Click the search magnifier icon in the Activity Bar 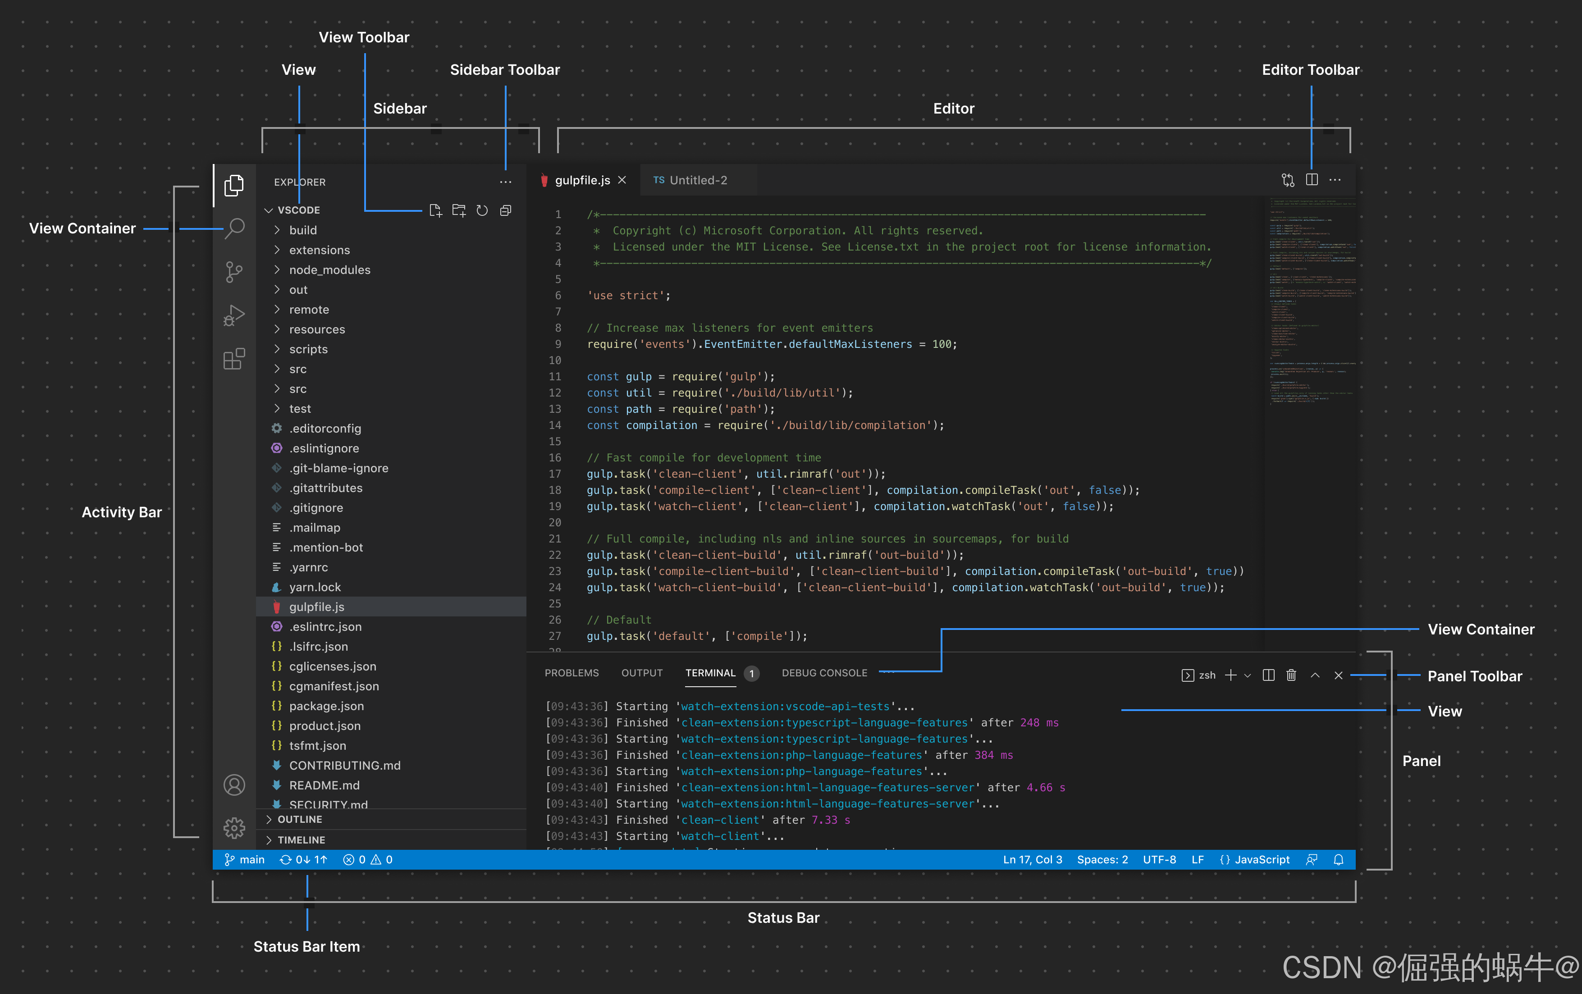234,228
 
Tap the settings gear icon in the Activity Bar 234,828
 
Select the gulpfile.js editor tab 582,180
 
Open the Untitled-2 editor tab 697,180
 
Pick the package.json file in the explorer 326,706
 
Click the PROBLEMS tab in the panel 572,673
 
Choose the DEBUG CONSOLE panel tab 824,673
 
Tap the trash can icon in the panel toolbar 1291,675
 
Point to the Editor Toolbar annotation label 1310,70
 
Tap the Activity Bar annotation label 122,512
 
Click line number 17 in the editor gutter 555,474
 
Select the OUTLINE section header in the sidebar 300,819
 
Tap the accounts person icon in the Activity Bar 234,785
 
